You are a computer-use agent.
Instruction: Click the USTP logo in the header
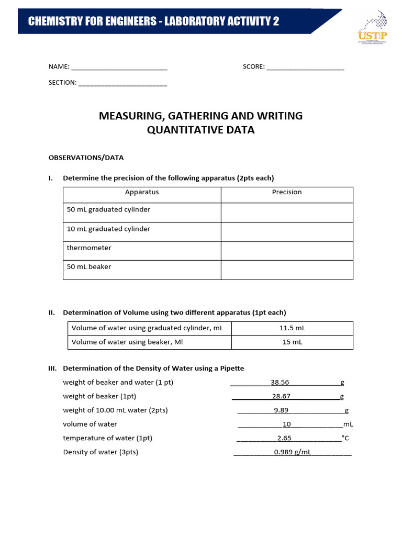pyautogui.click(x=372, y=30)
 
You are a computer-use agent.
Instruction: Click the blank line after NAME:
pyautogui.click(x=119, y=67)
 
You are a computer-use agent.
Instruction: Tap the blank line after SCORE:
pyautogui.click(x=305, y=67)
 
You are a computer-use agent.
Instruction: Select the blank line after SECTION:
pyautogui.click(x=122, y=83)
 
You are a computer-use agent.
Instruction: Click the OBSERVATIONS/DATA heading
pyautogui.click(x=86, y=158)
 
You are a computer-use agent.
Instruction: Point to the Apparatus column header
pyautogui.click(x=142, y=192)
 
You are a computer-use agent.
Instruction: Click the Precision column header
pyautogui.click(x=287, y=192)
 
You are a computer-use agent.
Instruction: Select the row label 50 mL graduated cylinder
pyautogui.click(x=108, y=210)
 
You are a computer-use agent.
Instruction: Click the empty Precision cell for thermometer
pyautogui.click(x=287, y=251)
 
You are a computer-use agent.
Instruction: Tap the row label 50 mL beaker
pyautogui.click(x=89, y=267)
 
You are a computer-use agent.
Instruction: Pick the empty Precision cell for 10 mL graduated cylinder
pyautogui.click(x=287, y=231)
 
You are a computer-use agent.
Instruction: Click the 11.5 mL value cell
pyautogui.click(x=292, y=328)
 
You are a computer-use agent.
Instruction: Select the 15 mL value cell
pyautogui.click(x=292, y=342)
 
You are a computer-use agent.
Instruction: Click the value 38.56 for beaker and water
pyautogui.click(x=280, y=382)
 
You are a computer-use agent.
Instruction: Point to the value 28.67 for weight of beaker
pyautogui.click(x=281, y=396)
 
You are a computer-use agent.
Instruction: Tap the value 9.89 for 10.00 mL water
pyautogui.click(x=281, y=410)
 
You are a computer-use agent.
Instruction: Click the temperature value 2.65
pyautogui.click(x=284, y=438)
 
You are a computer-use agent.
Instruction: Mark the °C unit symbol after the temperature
pyautogui.click(x=345, y=438)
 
